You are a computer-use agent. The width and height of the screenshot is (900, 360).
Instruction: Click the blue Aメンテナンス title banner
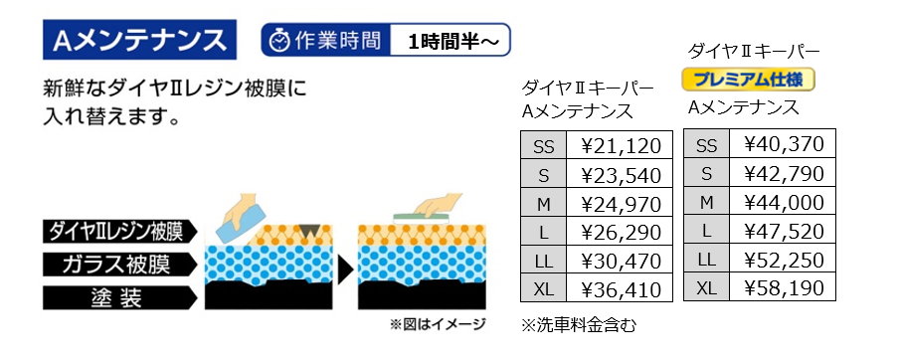(x=139, y=40)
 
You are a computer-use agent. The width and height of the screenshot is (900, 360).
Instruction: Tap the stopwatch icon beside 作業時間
(x=280, y=40)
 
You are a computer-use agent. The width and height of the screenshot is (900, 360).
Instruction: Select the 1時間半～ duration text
(x=450, y=41)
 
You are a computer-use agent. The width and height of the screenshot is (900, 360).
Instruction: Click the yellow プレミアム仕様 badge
(x=749, y=80)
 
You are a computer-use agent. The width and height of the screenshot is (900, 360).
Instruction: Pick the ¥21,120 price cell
(x=620, y=145)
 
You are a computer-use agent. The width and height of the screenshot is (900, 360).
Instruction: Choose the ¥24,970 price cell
(x=620, y=203)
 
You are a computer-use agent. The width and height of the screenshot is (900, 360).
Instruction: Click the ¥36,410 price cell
(x=620, y=288)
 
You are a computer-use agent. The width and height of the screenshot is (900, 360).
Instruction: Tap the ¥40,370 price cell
(x=783, y=143)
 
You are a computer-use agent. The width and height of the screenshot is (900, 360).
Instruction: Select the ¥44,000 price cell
(x=783, y=201)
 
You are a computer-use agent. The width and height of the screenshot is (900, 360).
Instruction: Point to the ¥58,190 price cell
(x=783, y=286)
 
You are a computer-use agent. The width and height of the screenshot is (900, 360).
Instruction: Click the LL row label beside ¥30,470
(x=544, y=261)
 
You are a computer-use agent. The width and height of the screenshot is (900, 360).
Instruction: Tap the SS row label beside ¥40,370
(x=706, y=143)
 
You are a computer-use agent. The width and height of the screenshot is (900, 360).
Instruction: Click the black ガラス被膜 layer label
(x=120, y=265)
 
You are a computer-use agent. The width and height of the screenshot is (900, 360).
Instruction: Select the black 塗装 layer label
(x=120, y=298)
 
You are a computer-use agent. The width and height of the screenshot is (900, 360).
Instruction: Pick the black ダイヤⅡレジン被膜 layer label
(x=120, y=232)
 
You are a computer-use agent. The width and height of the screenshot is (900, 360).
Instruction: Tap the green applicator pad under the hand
(x=421, y=218)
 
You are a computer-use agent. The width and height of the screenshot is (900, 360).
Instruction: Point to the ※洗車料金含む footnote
(x=579, y=325)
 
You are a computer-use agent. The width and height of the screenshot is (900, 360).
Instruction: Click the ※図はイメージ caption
(x=438, y=324)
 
